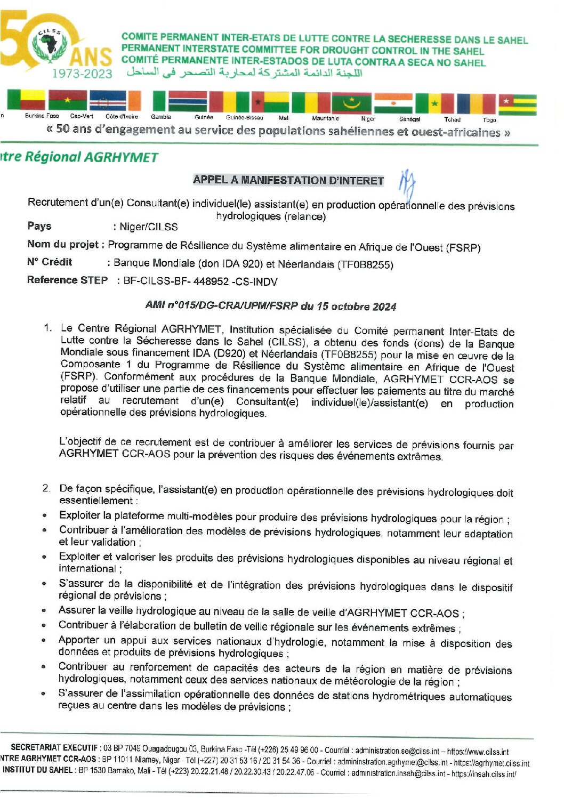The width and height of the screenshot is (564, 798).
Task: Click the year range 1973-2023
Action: (x=82, y=74)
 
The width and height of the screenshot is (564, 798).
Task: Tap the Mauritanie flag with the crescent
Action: (x=351, y=102)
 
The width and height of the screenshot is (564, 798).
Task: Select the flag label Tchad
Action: (x=452, y=120)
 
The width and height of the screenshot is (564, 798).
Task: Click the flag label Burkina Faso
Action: (x=42, y=116)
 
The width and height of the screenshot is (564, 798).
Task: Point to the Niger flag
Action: (x=393, y=103)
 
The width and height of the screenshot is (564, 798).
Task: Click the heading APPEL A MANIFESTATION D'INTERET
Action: (x=288, y=180)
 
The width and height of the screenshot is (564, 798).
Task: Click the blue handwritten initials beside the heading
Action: (x=407, y=183)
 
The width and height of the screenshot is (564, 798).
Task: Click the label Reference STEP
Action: (x=67, y=280)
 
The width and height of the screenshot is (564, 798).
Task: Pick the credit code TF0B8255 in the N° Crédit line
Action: (x=366, y=265)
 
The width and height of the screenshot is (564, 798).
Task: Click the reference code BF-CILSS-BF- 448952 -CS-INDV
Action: (x=200, y=281)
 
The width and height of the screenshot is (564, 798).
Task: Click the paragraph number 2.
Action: (x=47, y=488)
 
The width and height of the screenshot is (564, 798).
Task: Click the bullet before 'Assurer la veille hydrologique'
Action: (x=44, y=610)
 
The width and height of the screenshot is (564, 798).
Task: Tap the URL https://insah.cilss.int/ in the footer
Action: (x=484, y=773)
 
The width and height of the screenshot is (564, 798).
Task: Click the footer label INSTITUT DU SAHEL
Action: (x=38, y=770)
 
